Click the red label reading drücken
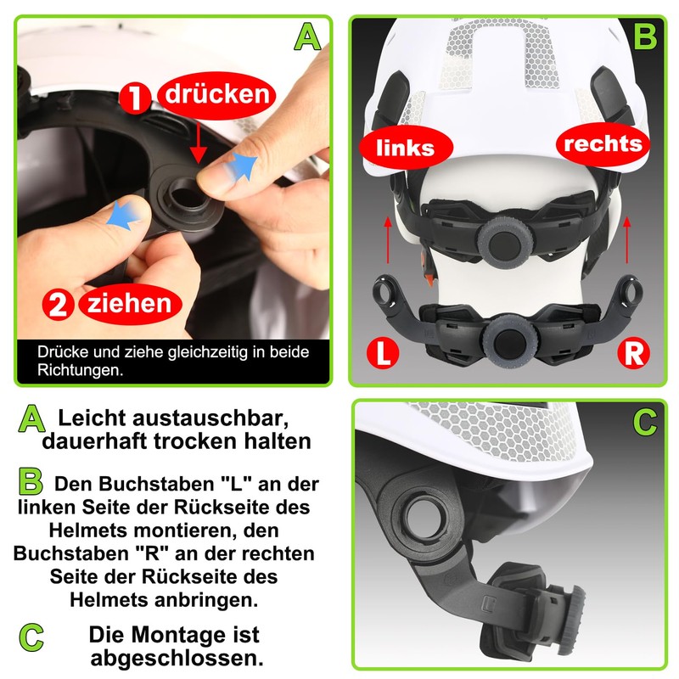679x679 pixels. pos(216,94)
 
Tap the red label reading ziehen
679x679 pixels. pos(127,303)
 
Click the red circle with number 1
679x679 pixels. pos(132,99)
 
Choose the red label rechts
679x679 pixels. pos(604,143)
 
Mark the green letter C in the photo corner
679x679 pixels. pos(646,421)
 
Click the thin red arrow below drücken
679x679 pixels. pos(198,139)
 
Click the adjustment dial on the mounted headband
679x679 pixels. pos(501,239)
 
